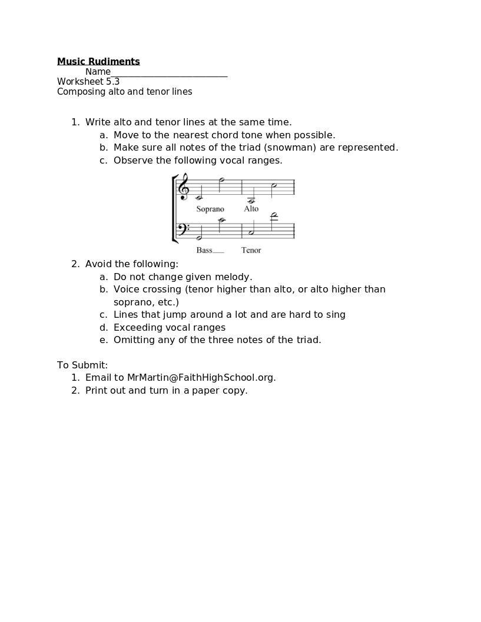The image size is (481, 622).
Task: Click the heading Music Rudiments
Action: click(x=98, y=62)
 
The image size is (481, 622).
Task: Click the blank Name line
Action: click(x=169, y=73)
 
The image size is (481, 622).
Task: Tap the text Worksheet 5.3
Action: click(x=88, y=82)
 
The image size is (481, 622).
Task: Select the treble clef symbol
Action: click(x=184, y=187)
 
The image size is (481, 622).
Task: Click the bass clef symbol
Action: click(x=183, y=229)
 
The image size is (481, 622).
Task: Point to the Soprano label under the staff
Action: click(x=210, y=209)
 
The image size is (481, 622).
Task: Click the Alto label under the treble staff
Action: click(x=251, y=209)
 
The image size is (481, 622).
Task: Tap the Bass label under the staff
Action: click(x=204, y=250)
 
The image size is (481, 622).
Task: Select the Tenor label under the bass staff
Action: click(x=251, y=250)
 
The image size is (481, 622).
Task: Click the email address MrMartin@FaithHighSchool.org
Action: click(x=201, y=378)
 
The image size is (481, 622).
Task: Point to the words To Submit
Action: click(x=82, y=365)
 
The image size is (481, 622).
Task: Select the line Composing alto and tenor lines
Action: click(x=125, y=92)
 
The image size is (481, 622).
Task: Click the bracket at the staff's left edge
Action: click(x=174, y=209)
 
